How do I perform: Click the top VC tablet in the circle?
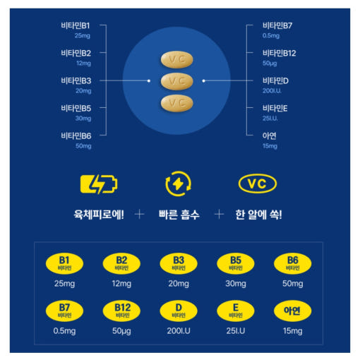click(177, 59)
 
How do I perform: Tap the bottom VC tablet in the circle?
click(177, 103)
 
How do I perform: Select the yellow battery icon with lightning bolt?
click(99, 184)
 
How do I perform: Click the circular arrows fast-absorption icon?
click(178, 184)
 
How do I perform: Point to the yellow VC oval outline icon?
click(258, 184)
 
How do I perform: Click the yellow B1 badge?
click(64, 263)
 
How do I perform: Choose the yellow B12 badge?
click(121, 311)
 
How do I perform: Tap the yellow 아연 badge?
click(293, 311)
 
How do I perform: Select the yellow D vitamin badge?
click(179, 311)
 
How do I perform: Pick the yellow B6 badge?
click(293, 263)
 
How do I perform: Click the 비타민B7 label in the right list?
click(277, 25)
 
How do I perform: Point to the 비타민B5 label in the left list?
click(76, 108)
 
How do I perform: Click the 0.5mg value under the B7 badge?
click(64, 331)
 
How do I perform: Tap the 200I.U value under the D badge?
click(179, 331)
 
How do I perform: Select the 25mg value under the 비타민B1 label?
click(83, 36)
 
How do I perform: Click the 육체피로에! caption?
click(99, 215)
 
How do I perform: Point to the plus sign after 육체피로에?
click(139, 215)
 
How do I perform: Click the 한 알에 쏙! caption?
click(258, 215)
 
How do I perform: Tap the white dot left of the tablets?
click(149, 80)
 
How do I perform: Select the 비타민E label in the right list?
click(275, 108)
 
